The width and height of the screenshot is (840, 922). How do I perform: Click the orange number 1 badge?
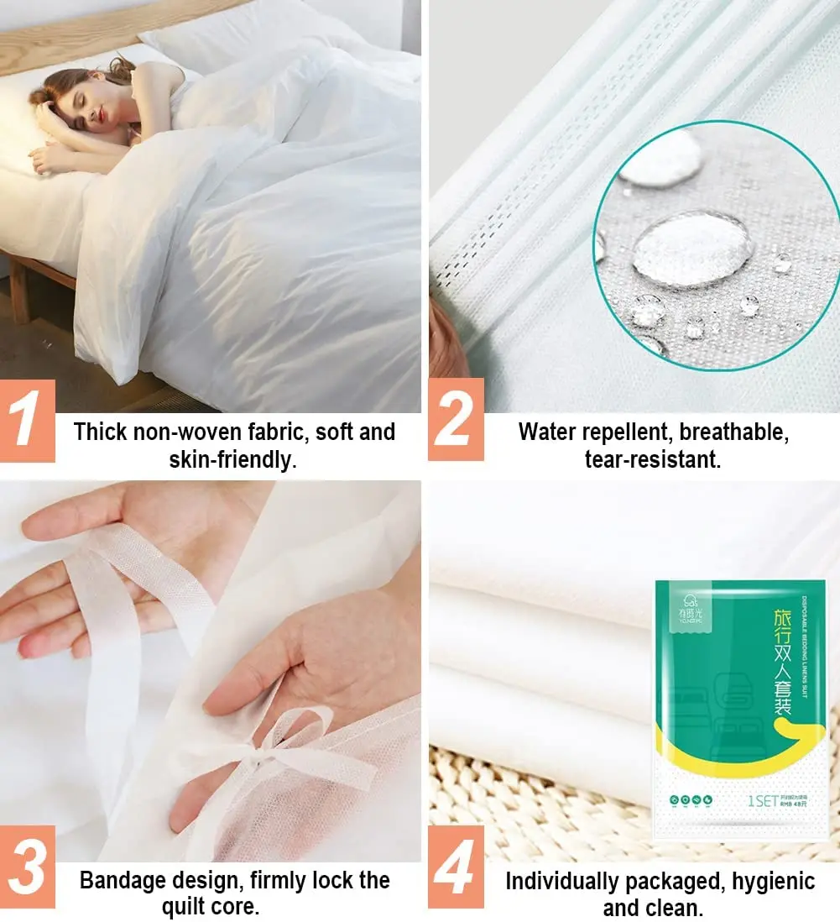28,420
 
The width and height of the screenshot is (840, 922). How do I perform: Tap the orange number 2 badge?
456,419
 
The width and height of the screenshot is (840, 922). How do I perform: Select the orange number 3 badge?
28,867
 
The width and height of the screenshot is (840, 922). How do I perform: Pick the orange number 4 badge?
456,867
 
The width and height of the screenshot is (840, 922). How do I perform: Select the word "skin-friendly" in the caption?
232,460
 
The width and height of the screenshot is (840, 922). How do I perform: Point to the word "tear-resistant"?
652,460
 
